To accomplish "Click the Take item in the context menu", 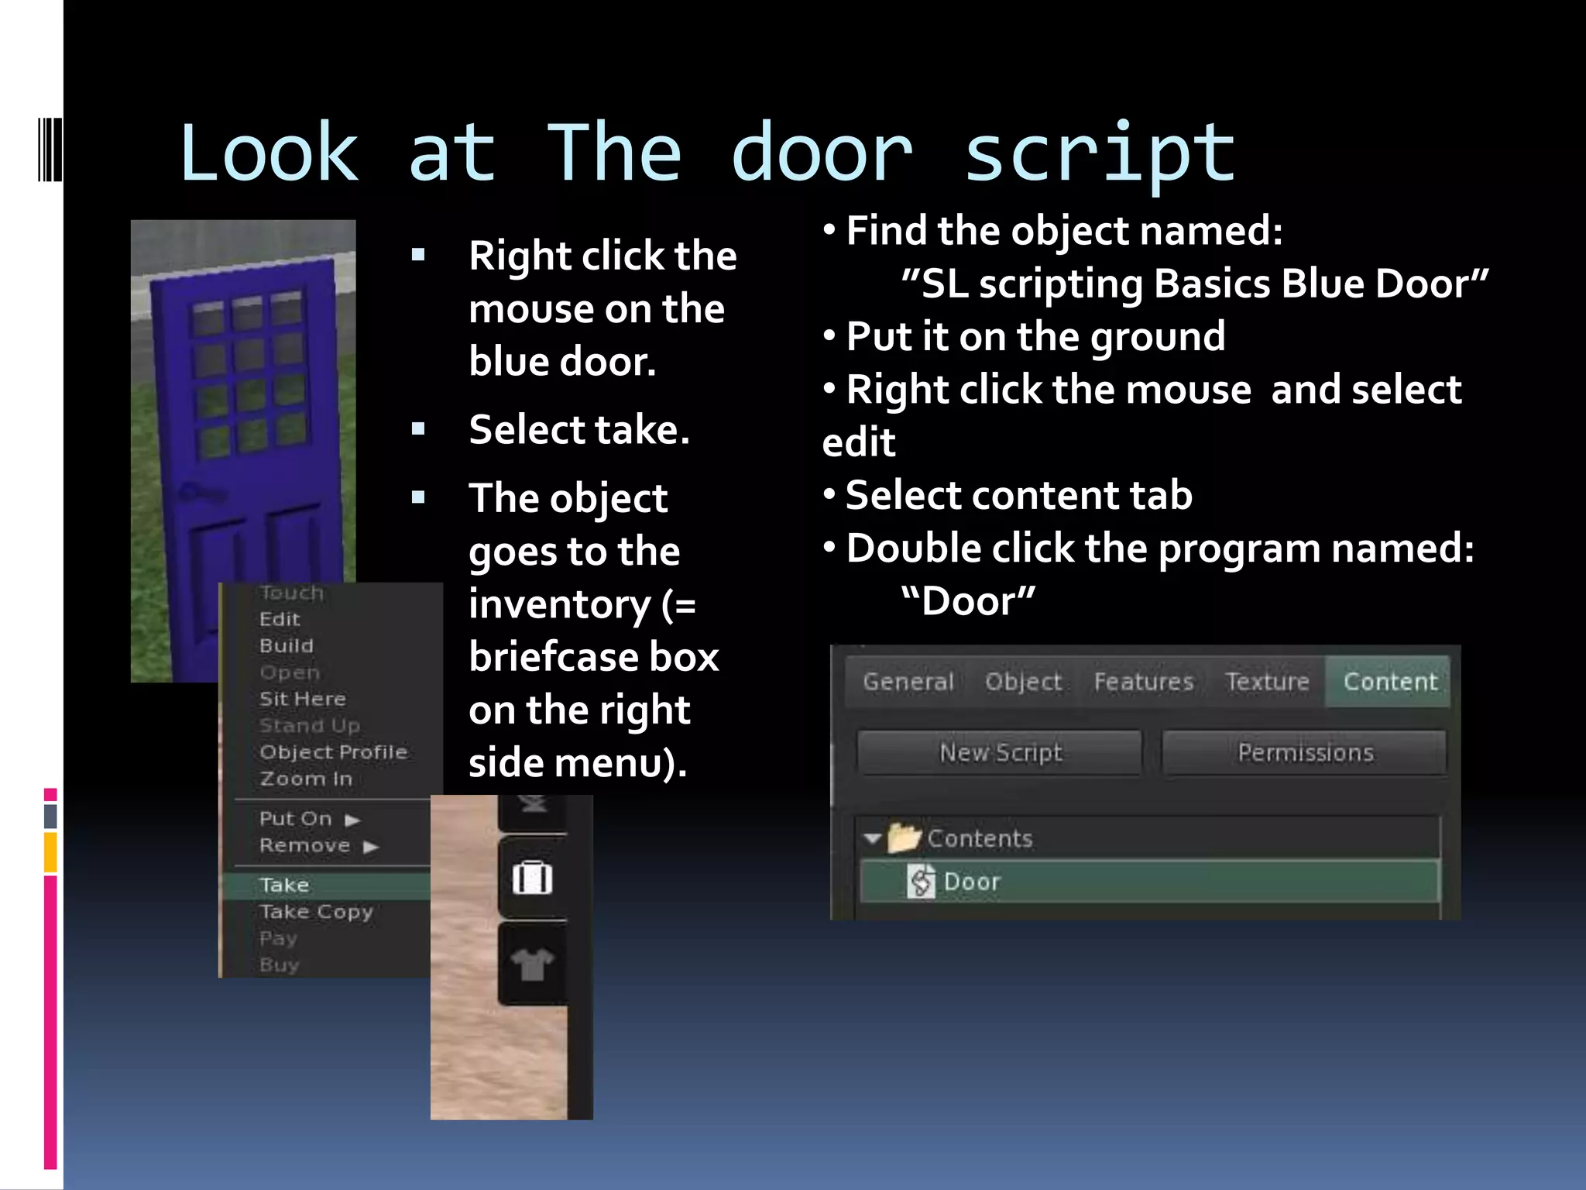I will click(285, 885).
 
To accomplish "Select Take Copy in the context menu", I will click(316, 912).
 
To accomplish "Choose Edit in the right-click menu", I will click(280, 619).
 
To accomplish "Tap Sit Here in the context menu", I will click(303, 699).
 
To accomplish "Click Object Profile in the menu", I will click(333, 752).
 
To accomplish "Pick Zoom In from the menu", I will click(306, 779).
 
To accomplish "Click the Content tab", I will click(1389, 682).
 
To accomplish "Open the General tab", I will click(908, 682).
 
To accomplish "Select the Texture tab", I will click(1267, 682).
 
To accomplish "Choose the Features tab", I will click(1143, 682).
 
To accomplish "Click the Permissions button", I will click(1305, 752).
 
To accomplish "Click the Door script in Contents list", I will click(971, 882).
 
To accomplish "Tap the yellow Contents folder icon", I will click(903, 837).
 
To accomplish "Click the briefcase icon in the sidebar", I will click(532, 879).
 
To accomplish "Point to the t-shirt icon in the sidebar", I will click(532, 965).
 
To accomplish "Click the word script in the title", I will click(1099, 155).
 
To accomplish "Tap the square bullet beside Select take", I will click(419, 429).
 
